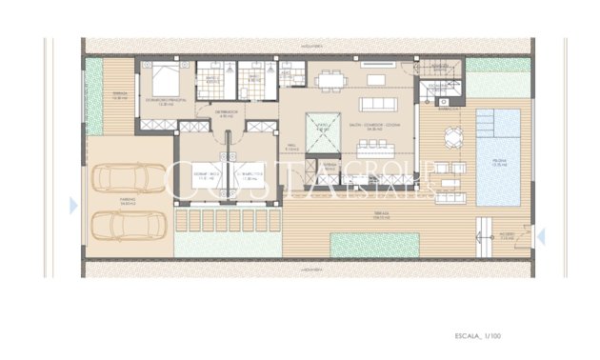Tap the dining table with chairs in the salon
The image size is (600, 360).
click(330, 80)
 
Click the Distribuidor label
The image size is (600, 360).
click(226, 113)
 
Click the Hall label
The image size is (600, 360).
click(292, 149)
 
